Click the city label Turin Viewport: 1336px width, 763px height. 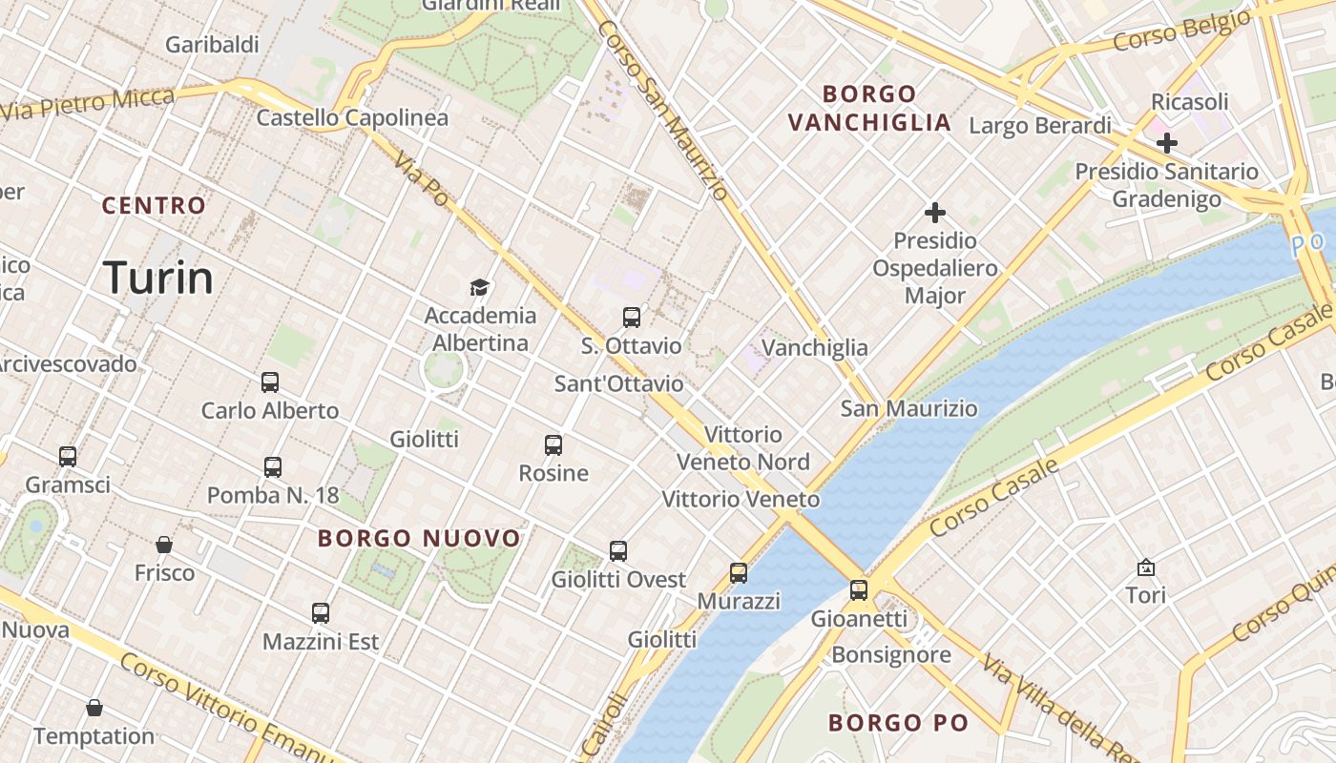pyautogui.click(x=158, y=278)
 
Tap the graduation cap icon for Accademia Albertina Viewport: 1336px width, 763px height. pyautogui.click(x=479, y=287)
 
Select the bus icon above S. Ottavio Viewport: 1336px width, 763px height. pyautogui.click(x=632, y=318)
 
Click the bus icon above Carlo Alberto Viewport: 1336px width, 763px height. pyautogui.click(x=270, y=382)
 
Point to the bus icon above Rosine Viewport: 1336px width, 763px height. pyautogui.click(x=553, y=445)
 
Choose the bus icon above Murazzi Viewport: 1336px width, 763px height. pyautogui.click(x=739, y=573)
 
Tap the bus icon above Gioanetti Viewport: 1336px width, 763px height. pyautogui.click(x=859, y=590)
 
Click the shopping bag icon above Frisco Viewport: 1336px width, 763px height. pyautogui.click(x=164, y=545)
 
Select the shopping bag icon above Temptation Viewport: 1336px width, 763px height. pyautogui.click(x=94, y=708)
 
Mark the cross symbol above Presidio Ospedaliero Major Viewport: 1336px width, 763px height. pyautogui.click(x=935, y=213)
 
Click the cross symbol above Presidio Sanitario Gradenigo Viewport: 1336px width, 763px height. pyautogui.click(x=1166, y=143)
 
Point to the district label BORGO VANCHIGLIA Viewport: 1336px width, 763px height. pyautogui.click(x=869, y=108)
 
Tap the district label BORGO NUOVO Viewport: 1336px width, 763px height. pyautogui.click(x=419, y=538)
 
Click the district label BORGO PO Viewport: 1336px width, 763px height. pyautogui.click(x=898, y=723)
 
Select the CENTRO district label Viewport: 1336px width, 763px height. pyautogui.click(x=154, y=205)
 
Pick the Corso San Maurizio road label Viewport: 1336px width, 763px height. pyautogui.click(x=663, y=110)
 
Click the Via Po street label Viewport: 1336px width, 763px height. pyautogui.click(x=421, y=180)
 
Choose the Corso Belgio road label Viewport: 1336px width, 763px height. pyautogui.click(x=1181, y=31)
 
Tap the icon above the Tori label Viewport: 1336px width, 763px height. pyautogui.click(x=1146, y=567)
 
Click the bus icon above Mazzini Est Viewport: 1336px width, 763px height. pyautogui.click(x=321, y=613)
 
